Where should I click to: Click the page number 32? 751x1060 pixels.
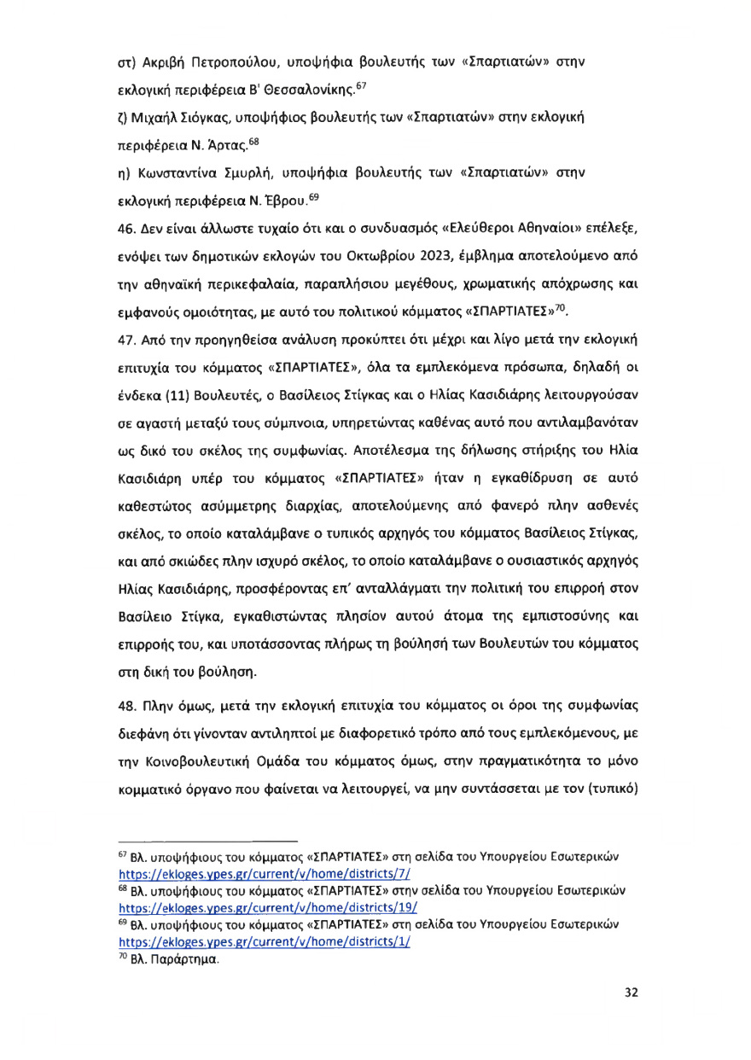[x=632, y=993]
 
